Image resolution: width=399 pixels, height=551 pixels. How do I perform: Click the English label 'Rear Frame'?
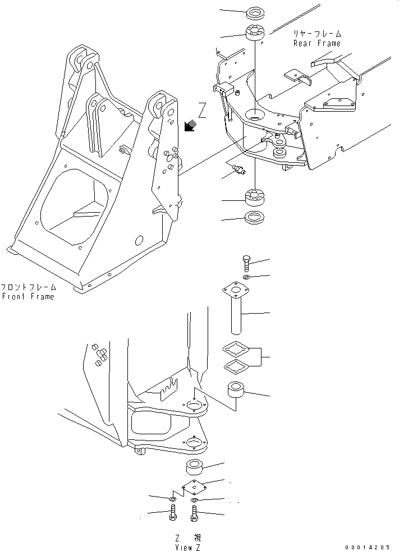317,43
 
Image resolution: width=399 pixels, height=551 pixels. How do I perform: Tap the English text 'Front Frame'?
27,296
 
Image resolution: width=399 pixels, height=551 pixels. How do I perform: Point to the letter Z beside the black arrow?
202,111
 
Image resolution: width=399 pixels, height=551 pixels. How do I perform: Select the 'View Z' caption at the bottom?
187,547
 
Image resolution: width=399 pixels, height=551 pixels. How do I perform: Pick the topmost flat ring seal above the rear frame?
255,12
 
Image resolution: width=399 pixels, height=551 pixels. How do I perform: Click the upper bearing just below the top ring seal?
255,33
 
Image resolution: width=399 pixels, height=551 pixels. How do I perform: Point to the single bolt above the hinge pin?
245,262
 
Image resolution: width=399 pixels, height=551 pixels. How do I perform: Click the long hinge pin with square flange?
235,311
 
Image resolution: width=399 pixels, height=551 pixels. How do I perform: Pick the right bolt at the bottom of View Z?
194,513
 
